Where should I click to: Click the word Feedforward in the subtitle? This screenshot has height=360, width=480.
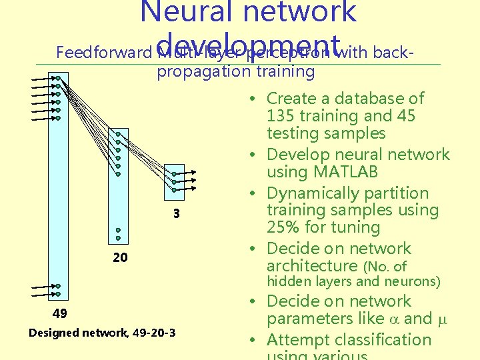tap(103, 52)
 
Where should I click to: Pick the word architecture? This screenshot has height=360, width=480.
tap(312, 266)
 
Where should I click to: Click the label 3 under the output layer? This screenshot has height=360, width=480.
tap(176, 215)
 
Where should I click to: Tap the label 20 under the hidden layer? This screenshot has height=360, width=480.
tap(120, 258)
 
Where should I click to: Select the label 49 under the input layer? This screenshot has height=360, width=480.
tap(60, 313)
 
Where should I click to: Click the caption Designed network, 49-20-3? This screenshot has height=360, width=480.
tap(102, 332)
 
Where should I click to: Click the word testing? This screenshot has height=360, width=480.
tap(294, 133)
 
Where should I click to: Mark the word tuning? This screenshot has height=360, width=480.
tap(356, 227)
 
